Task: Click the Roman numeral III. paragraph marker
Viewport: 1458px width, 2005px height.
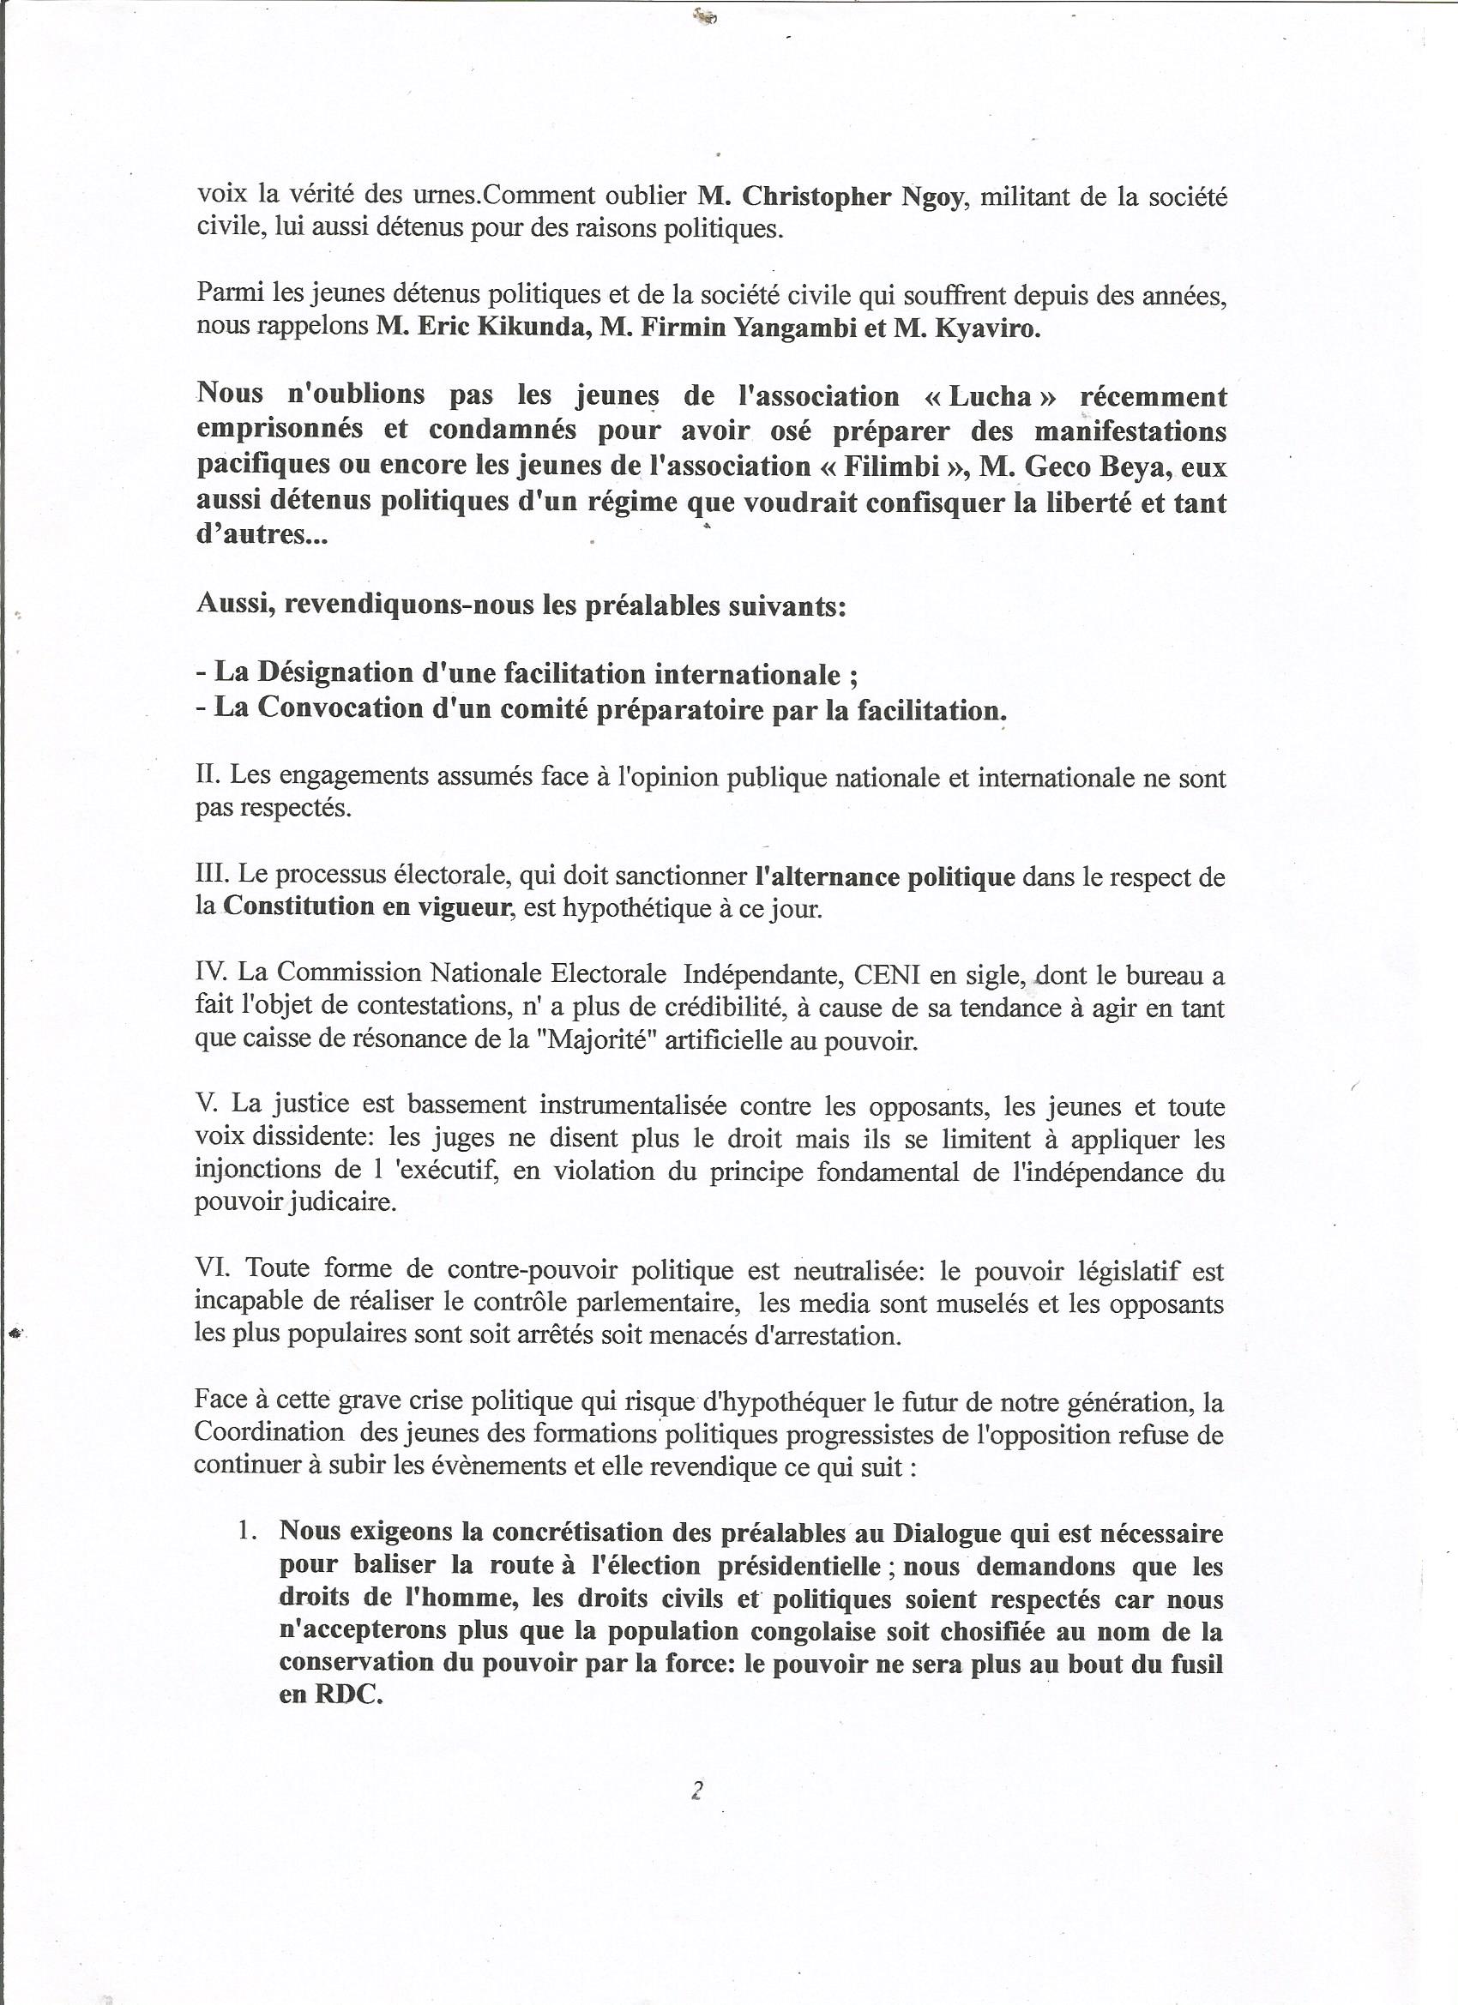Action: [x=212, y=876]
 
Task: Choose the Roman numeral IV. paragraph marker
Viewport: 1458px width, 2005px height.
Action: [x=212, y=973]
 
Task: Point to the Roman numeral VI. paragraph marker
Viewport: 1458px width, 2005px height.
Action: [x=212, y=1269]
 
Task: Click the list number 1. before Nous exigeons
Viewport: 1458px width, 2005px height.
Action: [x=248, y=1530]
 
